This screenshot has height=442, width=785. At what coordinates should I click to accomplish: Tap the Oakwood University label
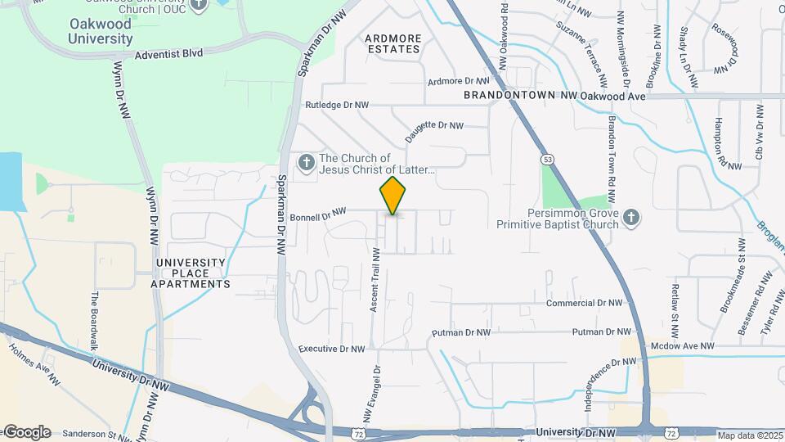pos(100,32)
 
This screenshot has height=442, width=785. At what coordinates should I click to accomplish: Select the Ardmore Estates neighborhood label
pos(392,43)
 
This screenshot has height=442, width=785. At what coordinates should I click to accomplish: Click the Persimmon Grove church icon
pos(630,219)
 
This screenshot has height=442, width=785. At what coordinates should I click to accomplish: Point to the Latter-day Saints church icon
pos(307,163)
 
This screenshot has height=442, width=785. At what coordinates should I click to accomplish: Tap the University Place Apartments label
pos(191,273)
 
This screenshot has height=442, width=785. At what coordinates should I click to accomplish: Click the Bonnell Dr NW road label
pos(318,215)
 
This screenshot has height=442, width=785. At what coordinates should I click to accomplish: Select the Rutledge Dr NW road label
pos(337,106)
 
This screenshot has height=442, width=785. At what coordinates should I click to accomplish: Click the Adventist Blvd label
pos(169,53)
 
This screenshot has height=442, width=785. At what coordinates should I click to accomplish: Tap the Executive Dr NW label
pos(331,349)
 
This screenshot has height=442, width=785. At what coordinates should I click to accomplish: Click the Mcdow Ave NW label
pos(683,346)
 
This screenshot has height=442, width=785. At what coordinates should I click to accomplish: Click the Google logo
pos(26,432)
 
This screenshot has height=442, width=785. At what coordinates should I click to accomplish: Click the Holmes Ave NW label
pos(34,364)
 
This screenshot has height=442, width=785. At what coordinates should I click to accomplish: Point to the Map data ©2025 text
pos(750,435)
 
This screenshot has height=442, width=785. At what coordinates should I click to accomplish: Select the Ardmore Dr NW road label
pos(458,81)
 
